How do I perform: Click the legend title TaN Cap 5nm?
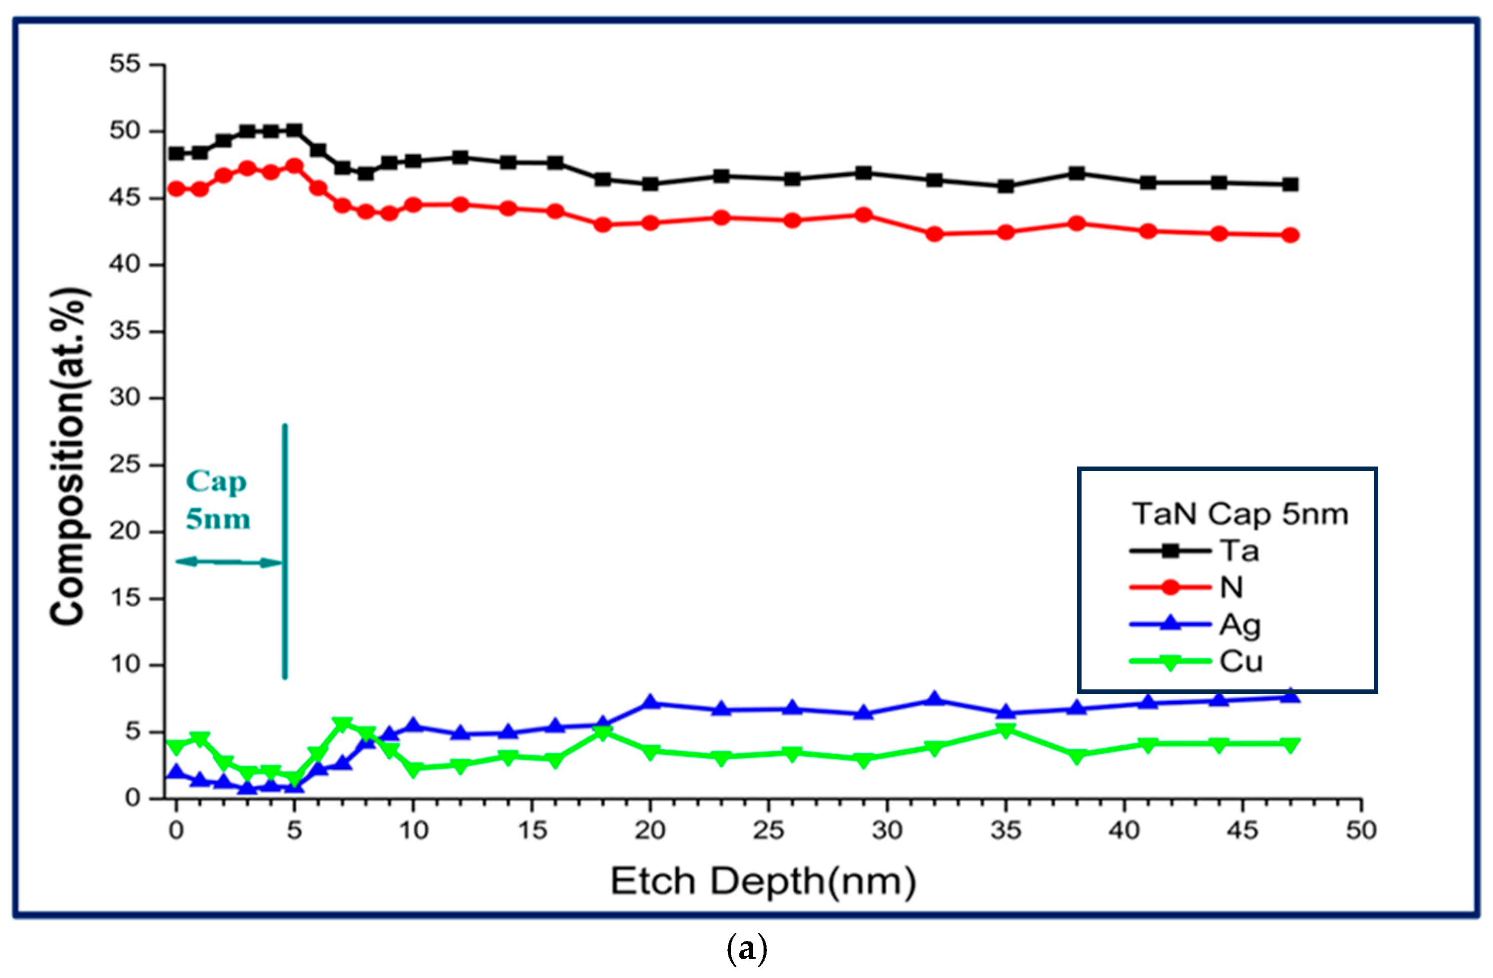click(1240, 514)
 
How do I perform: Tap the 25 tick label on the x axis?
click(769, 831)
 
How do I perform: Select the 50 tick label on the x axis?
click(1360, 831)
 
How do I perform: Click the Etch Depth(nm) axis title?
click(763, 881)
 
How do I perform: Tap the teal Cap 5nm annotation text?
click(217, 500)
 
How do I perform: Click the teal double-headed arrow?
click(229, 562)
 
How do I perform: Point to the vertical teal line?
click(285, 552)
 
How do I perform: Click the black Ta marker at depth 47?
click(1290, 184)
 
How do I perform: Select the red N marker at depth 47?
click(1290, 235)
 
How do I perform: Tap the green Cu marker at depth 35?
click(1005, 731)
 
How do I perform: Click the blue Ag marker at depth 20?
click(650, 702)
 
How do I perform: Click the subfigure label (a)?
click(747, 949)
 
